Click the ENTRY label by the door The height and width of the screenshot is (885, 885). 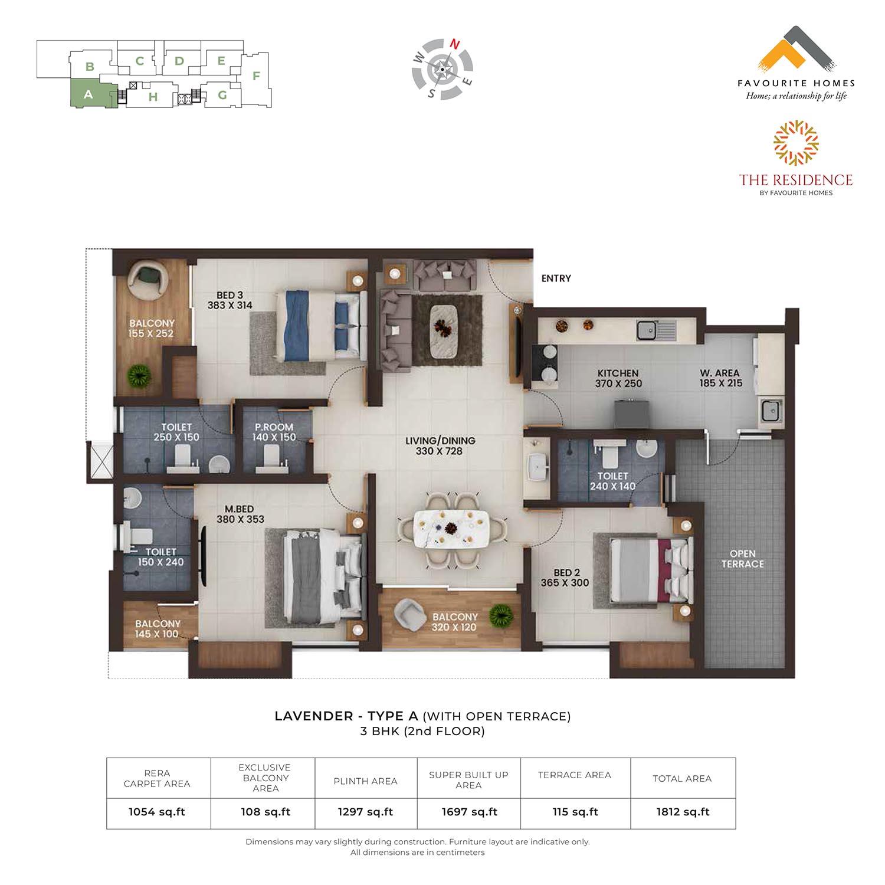tap(556, 278)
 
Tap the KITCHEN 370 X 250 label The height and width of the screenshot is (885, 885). tap(618, 378)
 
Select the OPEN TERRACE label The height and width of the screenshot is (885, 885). tap(742, 559)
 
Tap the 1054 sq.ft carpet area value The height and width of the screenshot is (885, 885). tap(157, 812)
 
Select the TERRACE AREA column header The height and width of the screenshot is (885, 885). tap(574, 775)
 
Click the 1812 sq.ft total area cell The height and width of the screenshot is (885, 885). tap(683, 812)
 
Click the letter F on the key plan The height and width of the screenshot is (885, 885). tap(256, 76)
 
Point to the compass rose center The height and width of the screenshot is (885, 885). tap(442, 69)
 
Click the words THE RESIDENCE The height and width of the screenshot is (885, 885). tap(796, 180)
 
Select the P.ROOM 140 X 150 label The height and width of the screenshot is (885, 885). tap(274, 432)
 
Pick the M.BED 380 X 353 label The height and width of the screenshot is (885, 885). tap(240, 514)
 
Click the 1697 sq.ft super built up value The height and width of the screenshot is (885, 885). tap(470, 812)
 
